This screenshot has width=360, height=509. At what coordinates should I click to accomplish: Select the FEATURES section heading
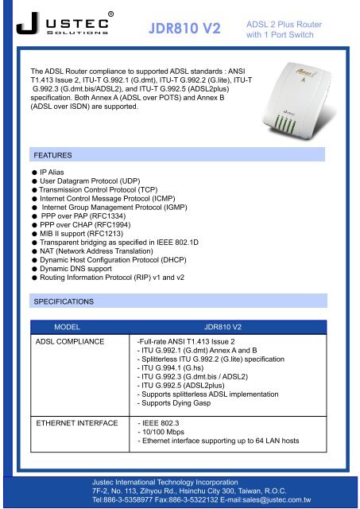(50, 154)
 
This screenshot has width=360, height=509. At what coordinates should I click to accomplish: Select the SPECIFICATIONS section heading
(63, 302)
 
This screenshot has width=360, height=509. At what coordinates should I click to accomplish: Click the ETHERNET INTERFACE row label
(74, 423)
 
